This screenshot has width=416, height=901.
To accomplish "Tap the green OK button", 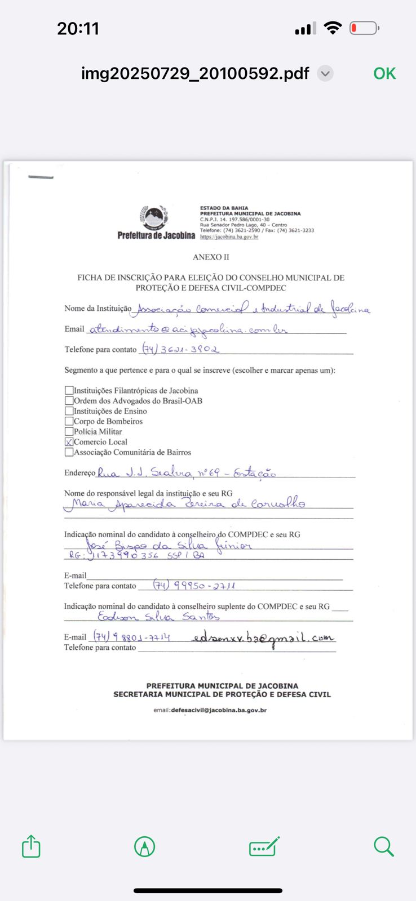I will coord(384,74).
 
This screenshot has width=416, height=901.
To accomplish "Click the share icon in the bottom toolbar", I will coord(31,846).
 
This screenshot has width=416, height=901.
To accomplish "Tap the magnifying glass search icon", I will coord(383,846).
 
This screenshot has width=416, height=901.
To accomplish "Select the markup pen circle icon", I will coord(145,846).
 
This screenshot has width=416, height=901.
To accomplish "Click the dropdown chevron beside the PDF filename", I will coord(325,74).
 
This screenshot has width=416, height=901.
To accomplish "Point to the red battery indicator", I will coord(364,28).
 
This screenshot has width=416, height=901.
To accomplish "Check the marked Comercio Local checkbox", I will coord(69,442).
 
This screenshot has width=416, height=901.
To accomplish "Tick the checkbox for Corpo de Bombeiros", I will coord(69,421).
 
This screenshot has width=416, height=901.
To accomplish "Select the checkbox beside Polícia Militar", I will coord(69,431).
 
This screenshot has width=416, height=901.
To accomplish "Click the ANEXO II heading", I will coord(211,257).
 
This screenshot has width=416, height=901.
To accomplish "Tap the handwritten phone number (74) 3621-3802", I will coord(180,349).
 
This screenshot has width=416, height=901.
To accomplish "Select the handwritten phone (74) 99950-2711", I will coord(194,586).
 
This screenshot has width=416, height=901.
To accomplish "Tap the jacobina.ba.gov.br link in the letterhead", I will coord(229,237).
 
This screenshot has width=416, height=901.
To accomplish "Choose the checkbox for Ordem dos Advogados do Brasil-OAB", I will coord(69,400).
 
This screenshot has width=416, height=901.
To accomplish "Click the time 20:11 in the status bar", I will coord(78,28).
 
